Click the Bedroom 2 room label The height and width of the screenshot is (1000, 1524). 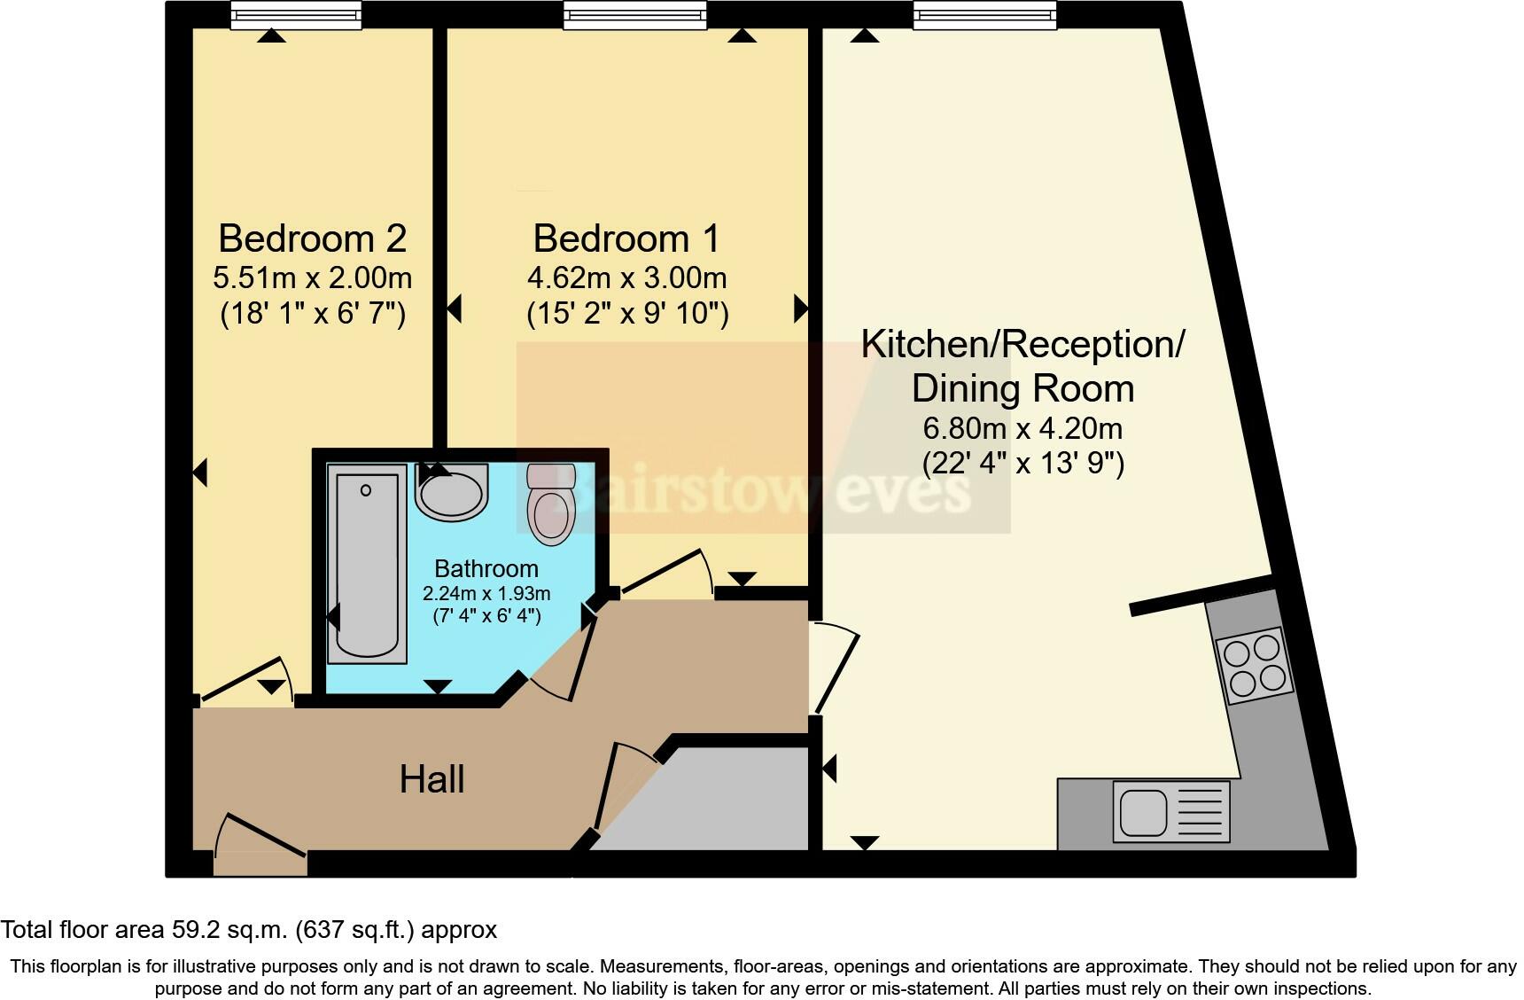pyautogui.click(x=312, y=238)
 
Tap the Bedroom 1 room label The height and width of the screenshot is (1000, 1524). pyautogui.click(x=626, y=238)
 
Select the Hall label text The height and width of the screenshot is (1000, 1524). pyautogui.click(x=432, y=779)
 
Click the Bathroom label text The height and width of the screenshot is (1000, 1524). pyautogui.click(x=486, y=568)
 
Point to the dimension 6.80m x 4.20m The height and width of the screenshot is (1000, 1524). pyautogui.click(x=1022, y=428)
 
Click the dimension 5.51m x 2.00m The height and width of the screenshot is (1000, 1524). pyautogui.click(x=312, y=278)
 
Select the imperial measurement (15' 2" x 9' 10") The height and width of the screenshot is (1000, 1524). pyautogui.click(x=627, y=313)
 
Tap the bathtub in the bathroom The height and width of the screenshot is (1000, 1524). pyautogui.click(x=367, y=564)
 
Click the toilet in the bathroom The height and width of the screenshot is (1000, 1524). pyautogui.click(x=550, y=505)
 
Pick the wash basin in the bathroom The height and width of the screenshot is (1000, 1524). pyautogui.click(x=452, y=493)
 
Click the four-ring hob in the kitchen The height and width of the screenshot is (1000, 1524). pyautogui.click(x=1254, y=666)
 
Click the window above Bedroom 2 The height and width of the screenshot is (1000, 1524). pyautogui.click(x=296, y=14)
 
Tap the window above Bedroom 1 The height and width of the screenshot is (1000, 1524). pyautogui.click(x=634, y=14)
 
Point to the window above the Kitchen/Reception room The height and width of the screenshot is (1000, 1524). pyautogui.click(x=984, y=14)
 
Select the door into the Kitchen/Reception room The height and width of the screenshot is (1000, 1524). pyautogui.click(x=836, y=668)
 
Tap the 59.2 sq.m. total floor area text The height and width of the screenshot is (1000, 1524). pyautogui.click(x=248, y=930)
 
